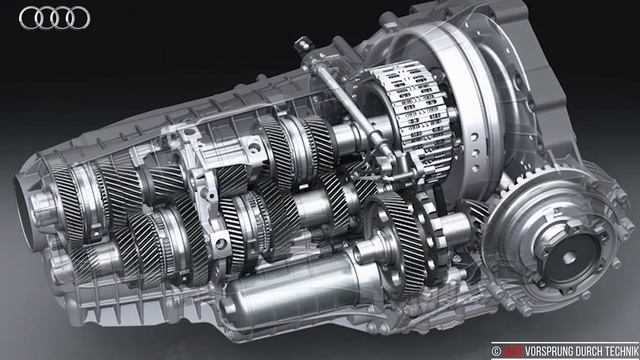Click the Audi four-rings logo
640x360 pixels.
[x=54, y=17]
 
